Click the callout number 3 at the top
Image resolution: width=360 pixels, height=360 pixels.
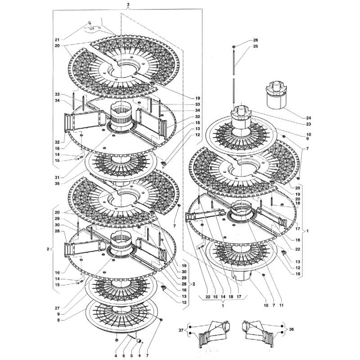tap(128, 4)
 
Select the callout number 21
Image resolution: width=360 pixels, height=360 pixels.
tap(57, 40)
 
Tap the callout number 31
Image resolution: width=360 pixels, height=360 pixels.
tap(57, 177)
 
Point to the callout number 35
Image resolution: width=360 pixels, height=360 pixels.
tap(57, 184)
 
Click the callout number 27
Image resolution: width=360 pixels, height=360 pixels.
tap(57, 308)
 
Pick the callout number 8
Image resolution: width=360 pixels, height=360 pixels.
tap(58, 320)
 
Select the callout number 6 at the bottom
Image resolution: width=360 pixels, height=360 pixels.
tap(123, 355)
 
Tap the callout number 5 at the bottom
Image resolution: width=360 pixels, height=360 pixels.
tap(131, 355)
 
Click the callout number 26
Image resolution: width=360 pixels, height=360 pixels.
tap(256, 40)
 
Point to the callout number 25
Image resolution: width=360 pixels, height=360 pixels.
tap(256, 46)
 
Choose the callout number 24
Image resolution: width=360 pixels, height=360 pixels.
tap(309, 118)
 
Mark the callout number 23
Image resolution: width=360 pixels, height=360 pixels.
tap(309, 124)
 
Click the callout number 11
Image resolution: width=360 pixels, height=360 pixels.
tap(282, 305)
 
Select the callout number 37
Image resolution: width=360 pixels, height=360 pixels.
tap(181, 330)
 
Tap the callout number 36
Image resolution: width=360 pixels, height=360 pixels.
tap(291, 329)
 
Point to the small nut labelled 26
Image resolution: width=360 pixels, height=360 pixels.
tap(234, 47)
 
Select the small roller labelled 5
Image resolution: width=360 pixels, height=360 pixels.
tap(139, 341)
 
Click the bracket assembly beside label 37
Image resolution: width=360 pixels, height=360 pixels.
tap(214, 333)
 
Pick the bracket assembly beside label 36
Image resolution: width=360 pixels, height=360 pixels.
tap(258, 333)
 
